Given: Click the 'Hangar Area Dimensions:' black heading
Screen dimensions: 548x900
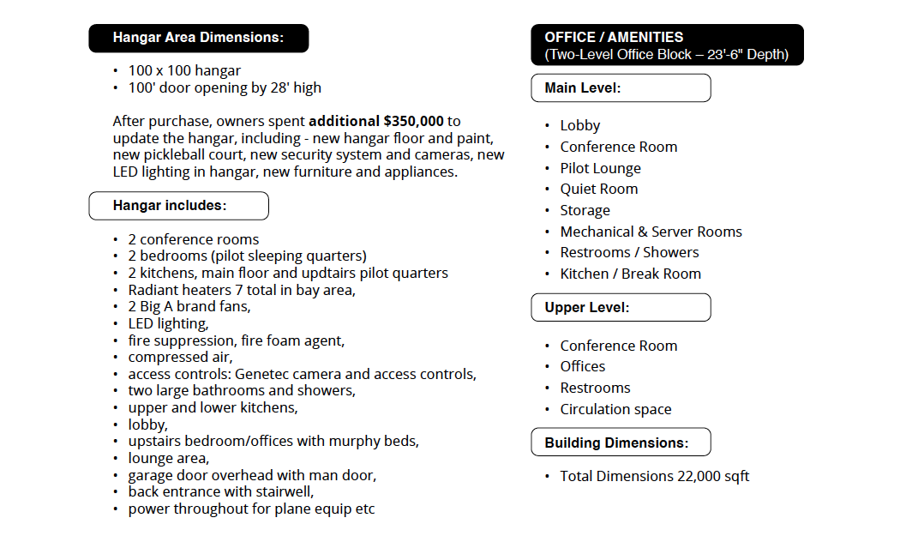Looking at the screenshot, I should pyautogui.click(x=198, y=39).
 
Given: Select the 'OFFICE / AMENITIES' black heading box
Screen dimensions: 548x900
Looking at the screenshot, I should pyautogui.click(x=667, y=45).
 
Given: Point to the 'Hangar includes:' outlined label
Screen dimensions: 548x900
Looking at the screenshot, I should pyautogui.click(x=178, y=206).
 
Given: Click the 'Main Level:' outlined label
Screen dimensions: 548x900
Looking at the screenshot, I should pyautogui.click(x=621, y=88).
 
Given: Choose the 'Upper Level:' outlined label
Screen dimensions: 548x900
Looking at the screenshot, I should pyautogui.click(x=621, y=308).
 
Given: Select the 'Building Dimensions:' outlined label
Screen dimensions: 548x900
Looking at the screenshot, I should pyautogui.click(x=621, y=443).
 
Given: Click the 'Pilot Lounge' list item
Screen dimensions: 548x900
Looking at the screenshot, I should pyautogui.click(x=600, y=168).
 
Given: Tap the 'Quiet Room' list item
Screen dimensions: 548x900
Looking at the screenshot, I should pyautogui.click(x=598, y=189).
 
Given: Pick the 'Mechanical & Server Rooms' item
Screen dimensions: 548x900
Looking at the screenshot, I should pyautogui.click(x=651, y=232).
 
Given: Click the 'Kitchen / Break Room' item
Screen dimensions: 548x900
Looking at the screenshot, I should pyautogui.click(x=630, y=274).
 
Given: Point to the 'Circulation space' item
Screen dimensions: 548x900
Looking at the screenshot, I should pyautogui.click(x=615, y=409).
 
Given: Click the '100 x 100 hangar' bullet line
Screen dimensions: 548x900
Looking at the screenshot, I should pyautogui.click(x=184, y=71).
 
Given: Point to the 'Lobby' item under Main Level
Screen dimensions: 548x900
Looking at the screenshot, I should pyautogui.click(x=580, y=126).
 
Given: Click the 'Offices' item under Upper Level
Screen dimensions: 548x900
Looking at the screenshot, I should pyautogui.click(x=583, y=366).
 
